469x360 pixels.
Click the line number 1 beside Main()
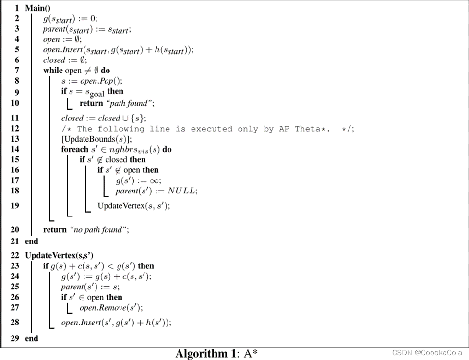pyautogui.click(x=17, y=8)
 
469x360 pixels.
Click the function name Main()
pyautogui.click(x=37, y=8)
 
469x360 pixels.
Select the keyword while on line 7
pyautogui.click(x=53, y=71)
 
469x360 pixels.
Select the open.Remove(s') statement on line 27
pyautogui.click(x=111, y=308)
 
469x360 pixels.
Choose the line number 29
pyautogui.click(x=14, y=338)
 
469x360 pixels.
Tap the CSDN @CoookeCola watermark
pyautogui.click(x=428, y=353)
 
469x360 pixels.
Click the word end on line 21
pyautogui.click(x=32, y=241)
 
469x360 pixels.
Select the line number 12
pyautogui.click(x=14, y=129)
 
